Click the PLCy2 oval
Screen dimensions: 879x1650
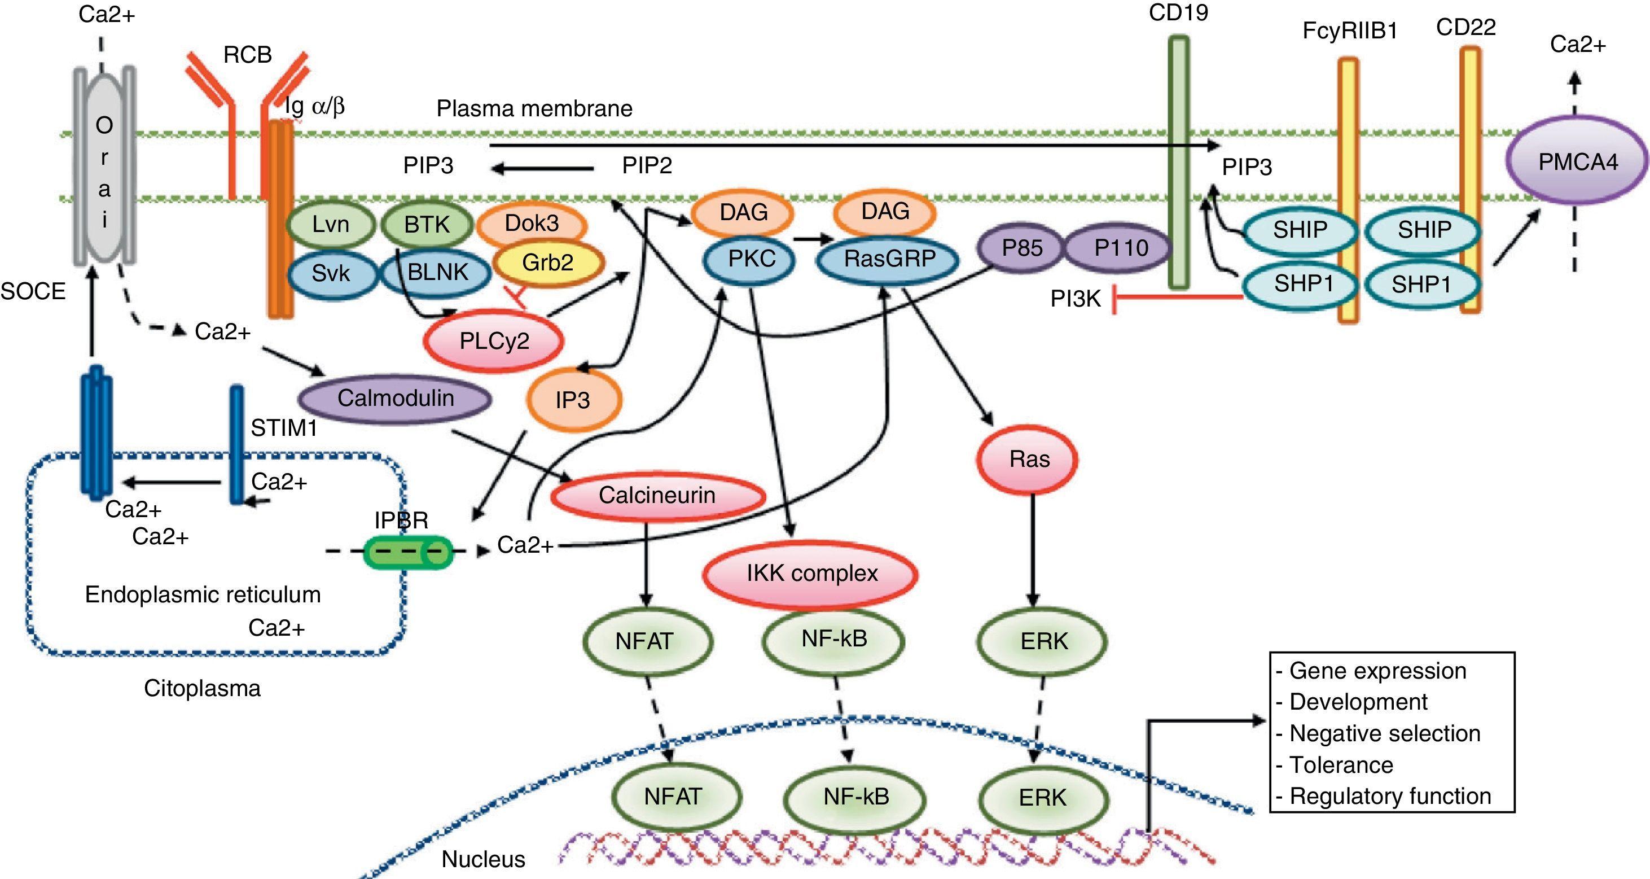(494, 340)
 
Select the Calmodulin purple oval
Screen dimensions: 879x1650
(395, 399)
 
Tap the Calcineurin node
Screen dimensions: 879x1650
(657, 495)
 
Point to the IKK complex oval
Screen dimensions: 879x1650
(811, 574)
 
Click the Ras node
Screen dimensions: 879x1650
(1029, 460)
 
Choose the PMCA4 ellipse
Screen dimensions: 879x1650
(1577, 162)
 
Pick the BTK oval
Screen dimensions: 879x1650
(427, 224)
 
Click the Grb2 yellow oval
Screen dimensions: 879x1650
(548, 263)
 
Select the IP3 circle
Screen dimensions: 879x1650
(572, 400)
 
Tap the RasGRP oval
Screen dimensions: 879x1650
(889, 259)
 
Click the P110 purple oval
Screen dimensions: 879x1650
(1121, 248)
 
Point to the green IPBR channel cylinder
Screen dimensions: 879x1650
(408, 552)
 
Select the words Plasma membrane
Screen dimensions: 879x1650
(534, 109)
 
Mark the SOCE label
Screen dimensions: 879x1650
(33, 291)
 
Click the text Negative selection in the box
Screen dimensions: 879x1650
(1384, 733)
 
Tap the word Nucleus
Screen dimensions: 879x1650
(483, 859)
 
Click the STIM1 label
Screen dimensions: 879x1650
(284, 428)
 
